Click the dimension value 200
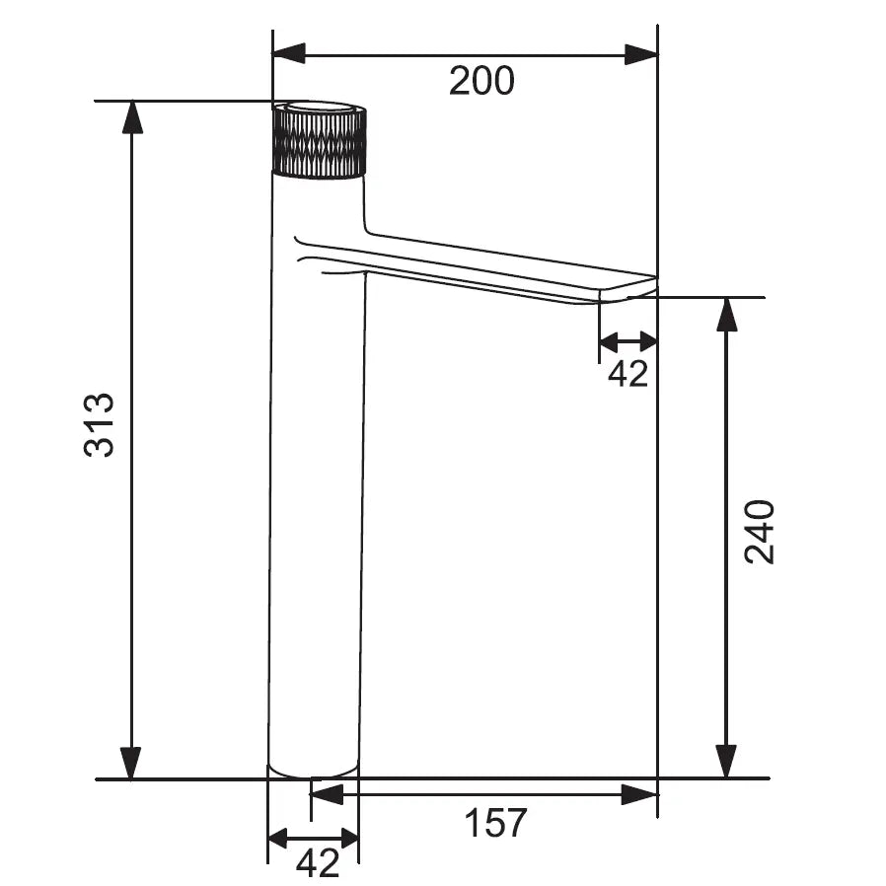tap(481, 81)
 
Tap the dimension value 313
tap(100, 425)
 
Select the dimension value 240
tap(759, 532)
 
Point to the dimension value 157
tap(495, 822)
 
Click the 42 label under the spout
tap(628, 373)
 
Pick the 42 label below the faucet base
tap(318, 863)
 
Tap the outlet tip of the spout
tap(628, 289)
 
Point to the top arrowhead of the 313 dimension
tap(131, 117)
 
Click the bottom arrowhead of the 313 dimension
tap(131, 763)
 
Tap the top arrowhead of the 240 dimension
tap(727, 314)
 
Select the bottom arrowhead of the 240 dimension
tap(727, 763)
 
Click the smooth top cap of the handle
tap(319, 107)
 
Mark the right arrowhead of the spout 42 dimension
tap(645, 342)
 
